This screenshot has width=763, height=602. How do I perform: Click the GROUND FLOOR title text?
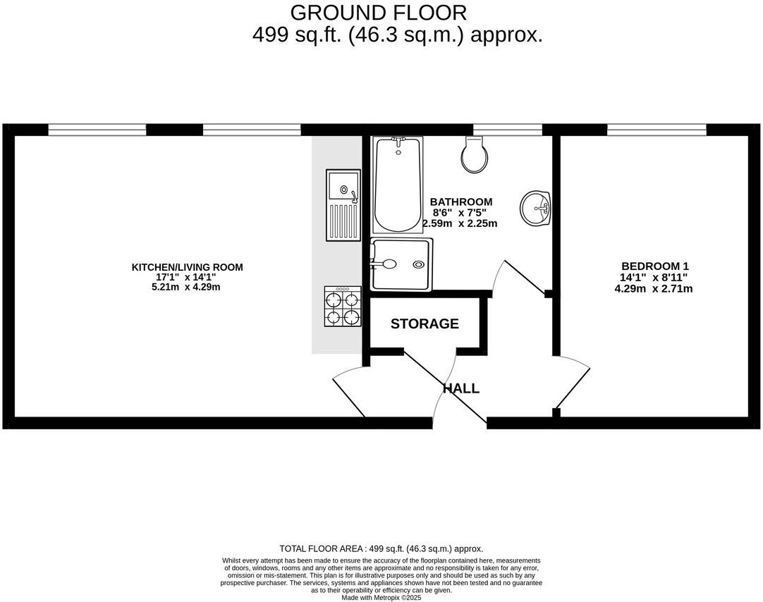pyautogui.click(x=378, y=13)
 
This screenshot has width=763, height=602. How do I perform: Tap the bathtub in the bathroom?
pyautogui.click(x=397, y=185)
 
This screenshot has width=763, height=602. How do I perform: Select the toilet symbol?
pyautogui.click(x=474, y=155)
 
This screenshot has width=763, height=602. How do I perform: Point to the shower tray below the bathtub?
pyautogui.click(x=401, y=265)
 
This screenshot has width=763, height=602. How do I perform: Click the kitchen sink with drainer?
pyautogui.click(x=343, y=204)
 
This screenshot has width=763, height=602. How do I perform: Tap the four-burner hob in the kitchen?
pyautogui.click(x=343, y=307)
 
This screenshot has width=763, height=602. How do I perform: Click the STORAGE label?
pyautogui.click(x=425, y=324)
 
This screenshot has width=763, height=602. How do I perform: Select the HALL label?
pyautogui.click(x=461, y=388)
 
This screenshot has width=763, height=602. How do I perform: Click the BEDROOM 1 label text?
pyautogui.click(x=654, y=266)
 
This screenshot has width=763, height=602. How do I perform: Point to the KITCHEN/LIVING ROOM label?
pyautogui.click(x=188, y=267)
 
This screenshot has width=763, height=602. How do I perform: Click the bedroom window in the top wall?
pyautogui.click(x=657, y=130)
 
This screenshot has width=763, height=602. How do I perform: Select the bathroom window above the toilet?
pyautogui.click(x=508, y=130)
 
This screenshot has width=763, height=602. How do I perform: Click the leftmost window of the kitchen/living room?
pyautogui.click(x=97, y=130)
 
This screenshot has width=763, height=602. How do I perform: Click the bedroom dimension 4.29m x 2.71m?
pyautogui.click(x=654, y=288)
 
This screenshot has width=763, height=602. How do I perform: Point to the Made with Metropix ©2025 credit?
pyautogui.click(x=381, y=597)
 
